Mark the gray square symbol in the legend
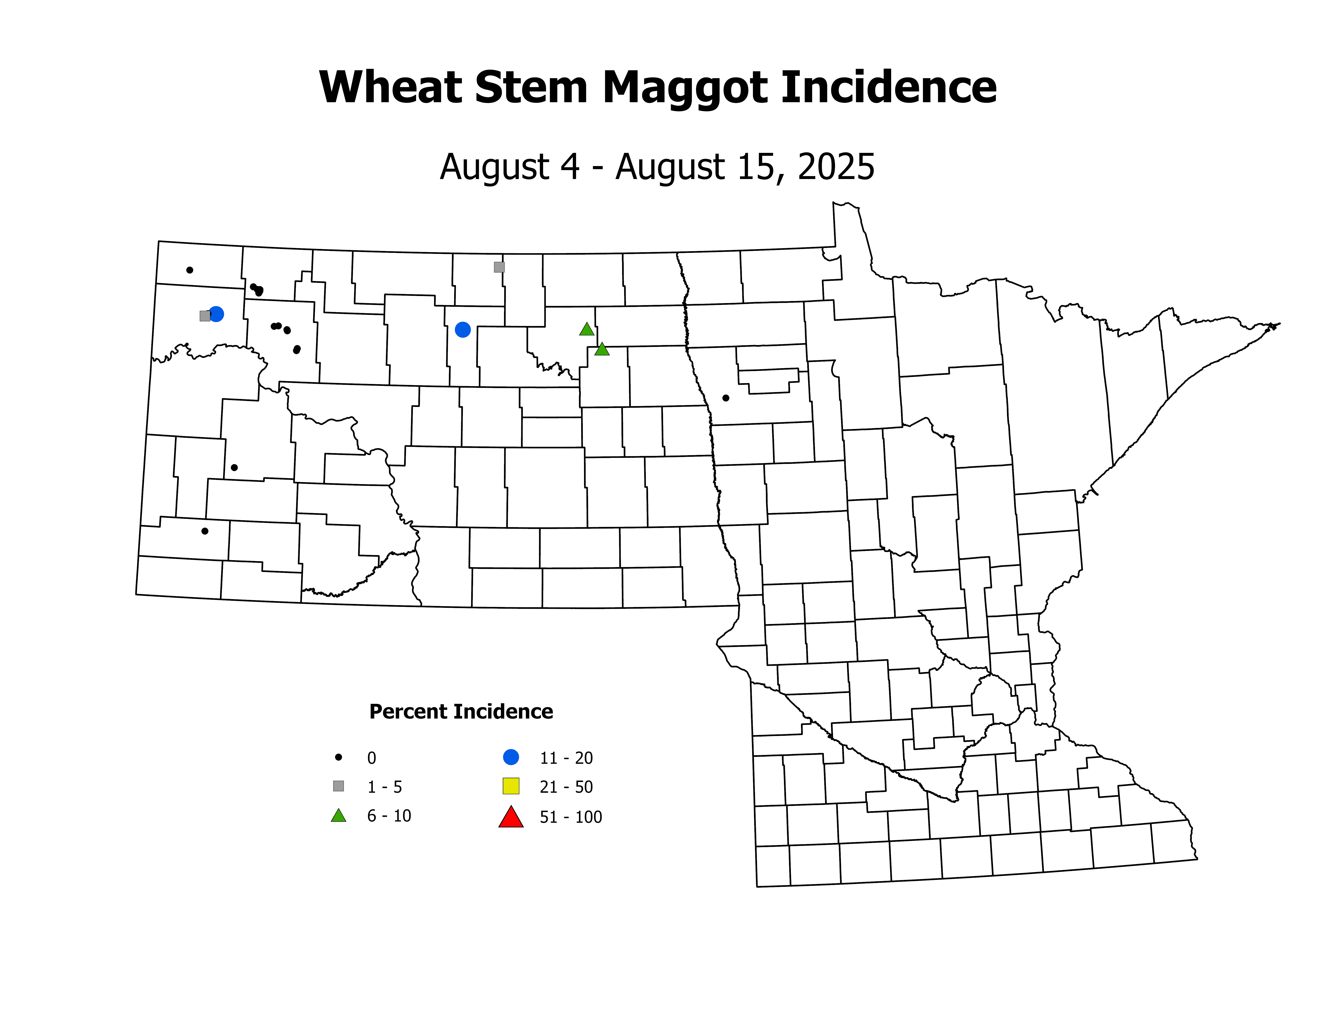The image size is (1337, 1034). pos(339,786)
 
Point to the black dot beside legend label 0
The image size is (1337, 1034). pos(339,757)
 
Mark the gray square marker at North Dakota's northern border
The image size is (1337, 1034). pos(499,267)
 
